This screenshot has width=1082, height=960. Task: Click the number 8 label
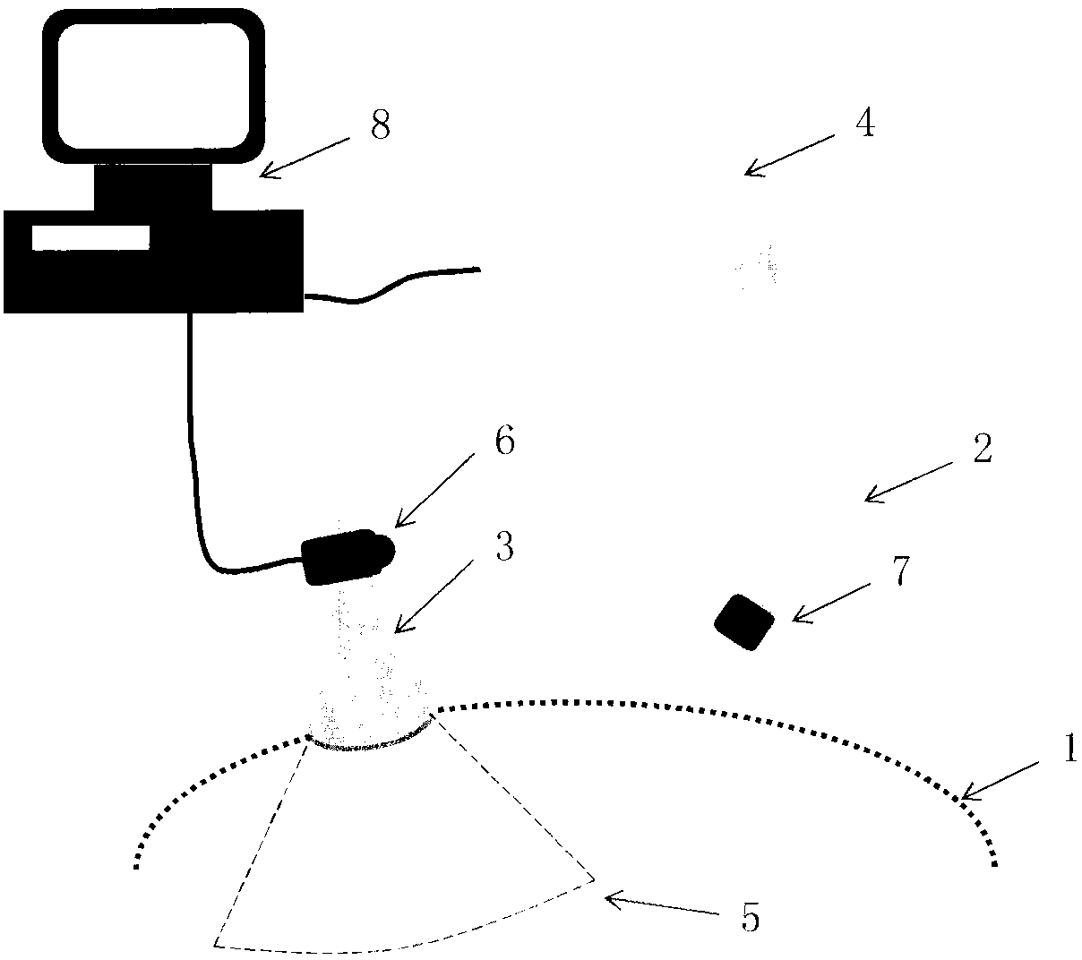[380, 126]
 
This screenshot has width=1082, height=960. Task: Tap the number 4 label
[863, 124]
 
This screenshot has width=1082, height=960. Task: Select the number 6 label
[504, 442]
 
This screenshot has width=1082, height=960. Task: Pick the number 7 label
[900, 570]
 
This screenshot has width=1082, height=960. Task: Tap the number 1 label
[1069, 750]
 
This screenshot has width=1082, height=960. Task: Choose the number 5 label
[751, 918]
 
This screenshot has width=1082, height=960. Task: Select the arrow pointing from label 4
[788, 153]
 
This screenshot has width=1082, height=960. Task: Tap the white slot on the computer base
[90, 237]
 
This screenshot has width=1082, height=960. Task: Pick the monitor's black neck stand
[153, 186]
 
